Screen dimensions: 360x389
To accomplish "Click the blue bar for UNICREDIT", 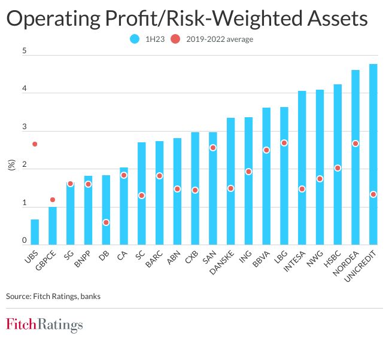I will pyautogui.click(x=373, y=155).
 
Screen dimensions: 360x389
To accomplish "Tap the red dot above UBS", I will pyautogui.click(x=35, y=144).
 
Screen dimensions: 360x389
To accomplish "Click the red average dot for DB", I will pyautogui.click(x=106, y=222).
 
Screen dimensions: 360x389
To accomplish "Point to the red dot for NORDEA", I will pyautogui.click(x=355, y=144).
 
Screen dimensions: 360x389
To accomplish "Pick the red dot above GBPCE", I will pyautogui.click(x=53, y=200).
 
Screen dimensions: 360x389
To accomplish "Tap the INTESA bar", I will pyautogui.click(x=302, y=167).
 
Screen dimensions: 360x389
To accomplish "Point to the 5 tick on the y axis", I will pyautogui.click(x=25, y=51).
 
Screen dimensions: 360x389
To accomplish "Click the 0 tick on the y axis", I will pyautogui.click(x=25, y=240).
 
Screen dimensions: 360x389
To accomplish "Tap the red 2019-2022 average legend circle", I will pyautogui.click(x=175, y=39).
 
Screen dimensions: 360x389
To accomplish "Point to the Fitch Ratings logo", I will pyautogui.click(x=44, y=325).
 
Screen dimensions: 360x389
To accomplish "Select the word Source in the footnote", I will pyautogui.click(x=18, y=295).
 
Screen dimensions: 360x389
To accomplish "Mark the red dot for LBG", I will pyautogui.click(x=284, y=143).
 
